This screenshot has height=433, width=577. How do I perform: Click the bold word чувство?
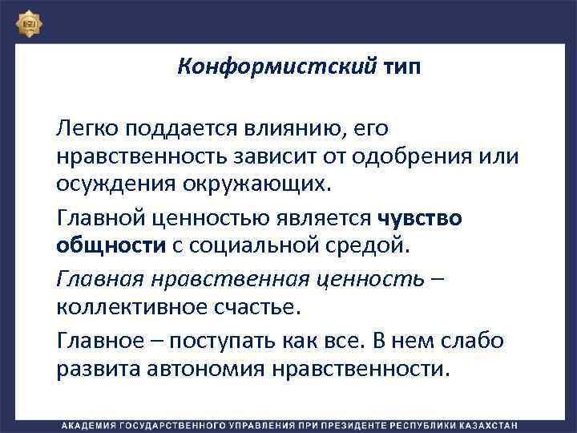pyautogui.click(x=418, y=219)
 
